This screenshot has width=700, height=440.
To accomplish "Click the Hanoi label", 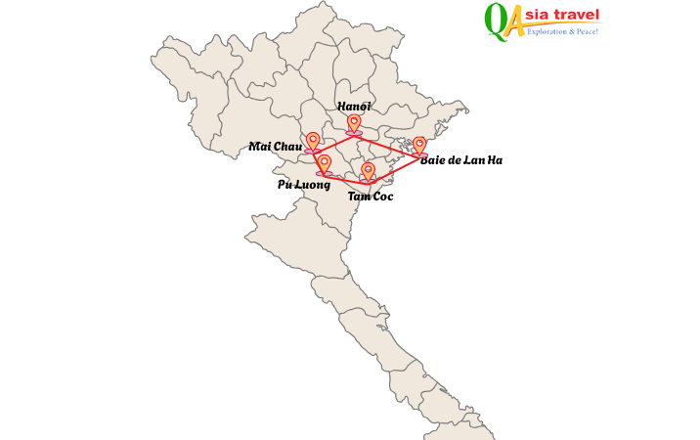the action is coord(354,106).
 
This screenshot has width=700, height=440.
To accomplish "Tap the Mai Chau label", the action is coord(275,147).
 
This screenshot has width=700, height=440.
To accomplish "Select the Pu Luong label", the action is coord(303,184).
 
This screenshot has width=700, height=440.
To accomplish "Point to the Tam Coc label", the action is coord(371,197).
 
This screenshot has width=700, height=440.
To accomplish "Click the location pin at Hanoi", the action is coord(354,123).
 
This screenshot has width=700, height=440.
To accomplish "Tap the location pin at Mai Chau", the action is coord(313,142).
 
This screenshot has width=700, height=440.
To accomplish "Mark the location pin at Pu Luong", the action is coord(325,163).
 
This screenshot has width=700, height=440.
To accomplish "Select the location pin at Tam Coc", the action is coord(368,172).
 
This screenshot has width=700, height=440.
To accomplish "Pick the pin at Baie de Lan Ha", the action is coord(419,146).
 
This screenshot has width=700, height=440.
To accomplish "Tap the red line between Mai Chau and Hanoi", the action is coord(333,143).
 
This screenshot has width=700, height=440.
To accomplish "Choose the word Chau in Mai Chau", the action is coord(287,147).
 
